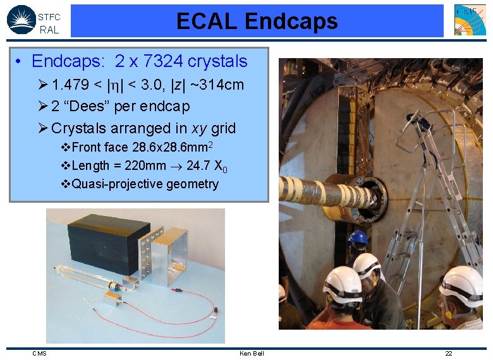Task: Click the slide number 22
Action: (449, 353)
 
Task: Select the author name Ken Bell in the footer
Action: (252, 353)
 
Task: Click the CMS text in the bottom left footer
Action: (39, 353)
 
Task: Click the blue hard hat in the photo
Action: (358, 238)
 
